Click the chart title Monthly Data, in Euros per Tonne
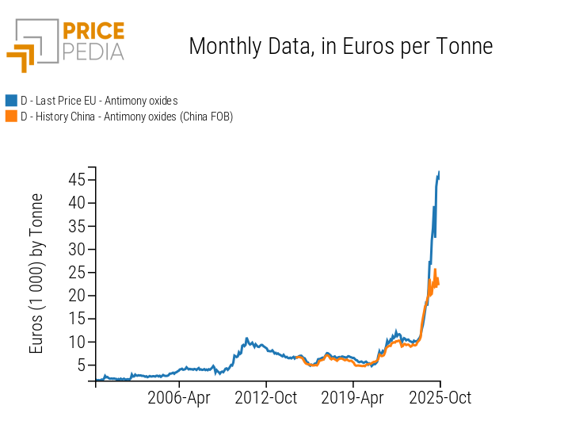pos(341,46)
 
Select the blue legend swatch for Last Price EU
pos(11,101)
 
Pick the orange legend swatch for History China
pos(11,117)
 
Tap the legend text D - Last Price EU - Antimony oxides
pos(99,101)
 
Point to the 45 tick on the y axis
pos(76,179)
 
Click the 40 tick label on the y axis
pos(76,202)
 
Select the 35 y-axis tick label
pos(76,226)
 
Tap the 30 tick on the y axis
pos(76,249)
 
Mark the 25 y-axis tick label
pos(76,272)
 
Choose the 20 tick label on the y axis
pos(76,296)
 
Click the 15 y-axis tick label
pos(76,319)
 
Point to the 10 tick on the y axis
pos(76,342)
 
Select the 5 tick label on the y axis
pos(80,365)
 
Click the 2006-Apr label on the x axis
pos(180,398)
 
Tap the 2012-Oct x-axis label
pos(266,398)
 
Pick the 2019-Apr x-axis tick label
pos(352,398)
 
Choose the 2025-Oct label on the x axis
pos(440,398)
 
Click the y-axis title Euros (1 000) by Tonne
pos(37,274)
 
